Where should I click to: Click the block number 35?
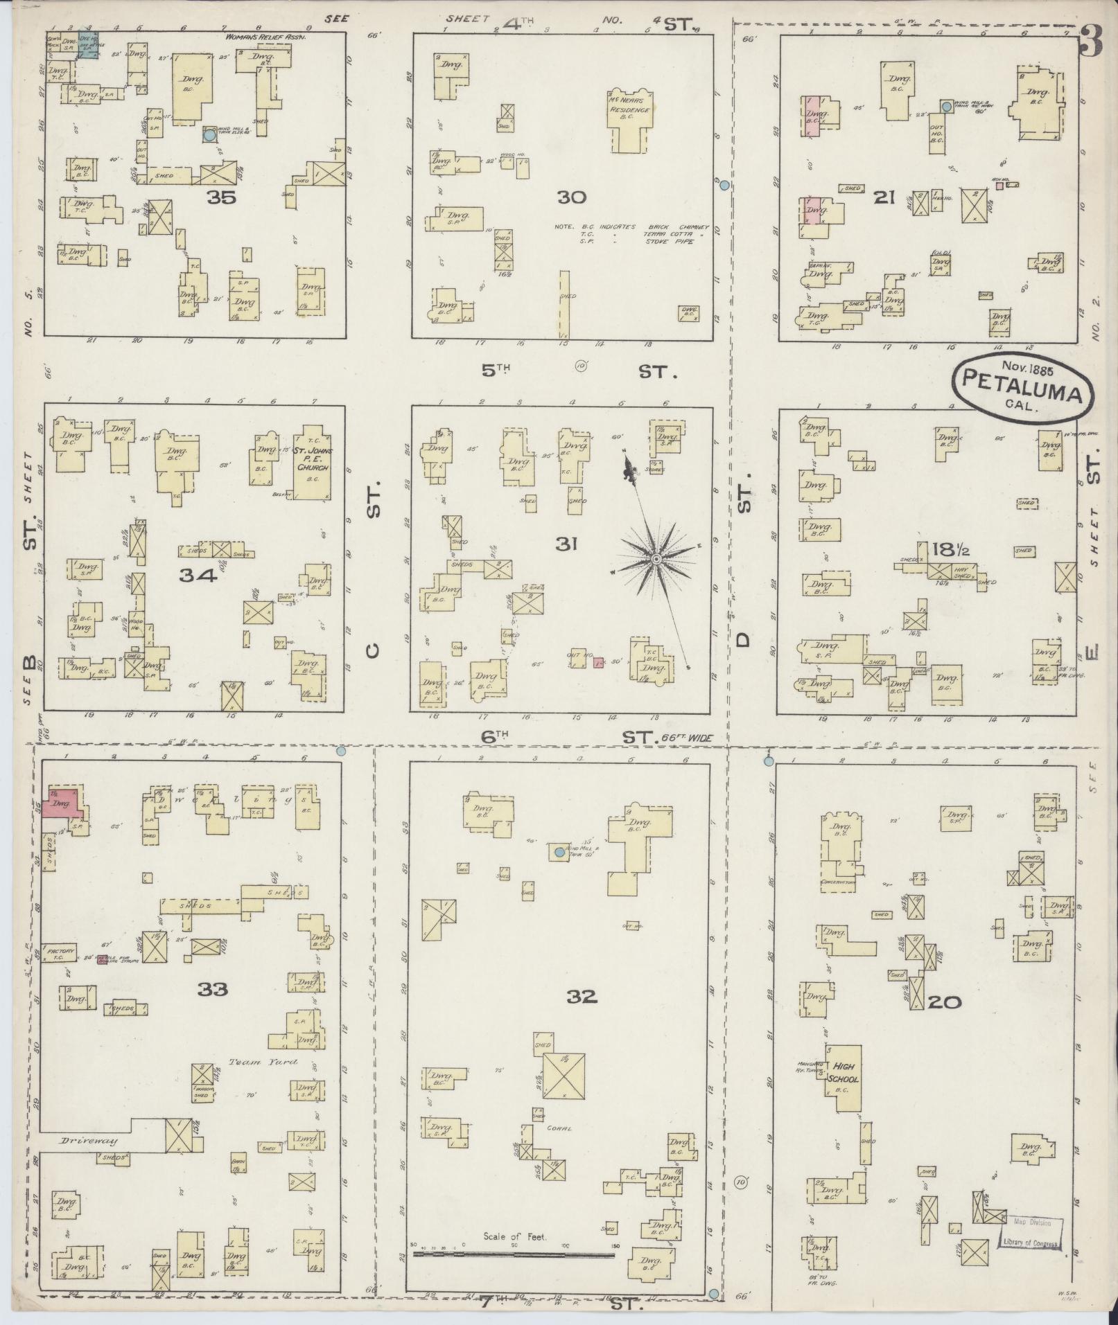(220, 198)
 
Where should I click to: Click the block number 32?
(581, 997)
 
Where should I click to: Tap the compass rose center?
(655, 558)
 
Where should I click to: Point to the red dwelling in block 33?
(61, 803)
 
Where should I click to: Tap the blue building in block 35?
(87, 45)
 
